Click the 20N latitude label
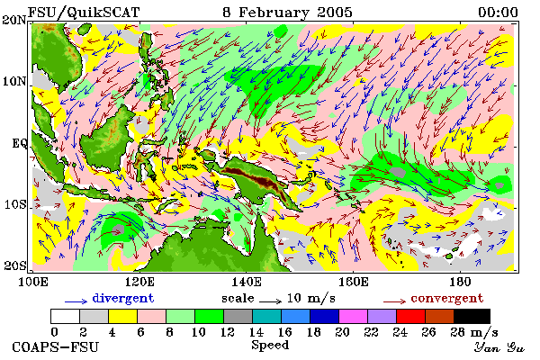coord(14,20)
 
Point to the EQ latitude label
coord(20,143)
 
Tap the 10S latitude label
coord(15,204)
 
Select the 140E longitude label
coord(247,282)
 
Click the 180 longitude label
coord(460,282)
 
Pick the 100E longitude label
coord(32,282)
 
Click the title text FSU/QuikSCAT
coord(84,13)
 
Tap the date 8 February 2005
coord(288,13)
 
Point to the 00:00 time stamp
coord(498,13)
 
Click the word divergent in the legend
coord(123,298)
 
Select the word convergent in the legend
coord(447,298)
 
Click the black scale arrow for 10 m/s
coord(271,301)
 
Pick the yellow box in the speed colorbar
coord(123,316)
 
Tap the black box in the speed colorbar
coord(472,316)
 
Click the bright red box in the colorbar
coord(411,316)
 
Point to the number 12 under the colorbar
coord(227,332)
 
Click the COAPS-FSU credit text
coord(56,346)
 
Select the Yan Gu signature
coord(499,347)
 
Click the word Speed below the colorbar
coord(270,346)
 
